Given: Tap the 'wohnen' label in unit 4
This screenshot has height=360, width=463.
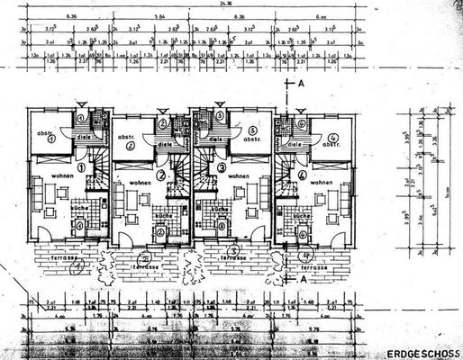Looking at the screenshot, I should (x=321, y=182).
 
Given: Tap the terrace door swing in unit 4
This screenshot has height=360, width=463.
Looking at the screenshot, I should (x=340, y=238).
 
